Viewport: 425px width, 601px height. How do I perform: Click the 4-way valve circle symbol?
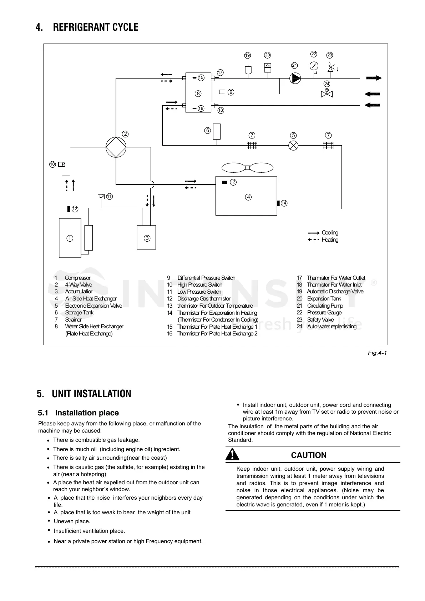(116, 147)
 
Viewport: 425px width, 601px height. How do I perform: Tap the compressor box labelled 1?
(70, 238)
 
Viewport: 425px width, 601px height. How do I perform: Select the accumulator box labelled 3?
(147, 237)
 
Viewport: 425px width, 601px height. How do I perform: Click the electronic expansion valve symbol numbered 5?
(293, 146)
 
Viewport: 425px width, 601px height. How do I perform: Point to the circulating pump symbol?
(295, 78)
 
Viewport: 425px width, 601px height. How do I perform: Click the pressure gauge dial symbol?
(314, 66)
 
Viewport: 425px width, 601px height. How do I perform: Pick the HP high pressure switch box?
(62, 164)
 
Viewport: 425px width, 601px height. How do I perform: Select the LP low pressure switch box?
(101, 196)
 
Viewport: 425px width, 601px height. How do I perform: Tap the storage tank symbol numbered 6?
(216, 131)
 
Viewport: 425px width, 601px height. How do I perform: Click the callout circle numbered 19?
(247, 55)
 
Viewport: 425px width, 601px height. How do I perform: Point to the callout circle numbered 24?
(327, 84)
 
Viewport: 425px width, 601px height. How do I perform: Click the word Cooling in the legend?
(330, 233)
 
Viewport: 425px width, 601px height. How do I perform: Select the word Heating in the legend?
(330, 240)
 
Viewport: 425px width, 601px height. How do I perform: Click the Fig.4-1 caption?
(378, 353)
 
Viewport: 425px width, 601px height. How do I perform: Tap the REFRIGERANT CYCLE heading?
(95, 27)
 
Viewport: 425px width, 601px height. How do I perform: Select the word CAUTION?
(309, 455)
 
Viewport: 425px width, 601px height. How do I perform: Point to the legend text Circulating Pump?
(325, 305)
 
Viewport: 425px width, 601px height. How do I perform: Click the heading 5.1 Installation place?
(78, 413)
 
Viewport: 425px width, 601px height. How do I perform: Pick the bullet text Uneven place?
(72, 521)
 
